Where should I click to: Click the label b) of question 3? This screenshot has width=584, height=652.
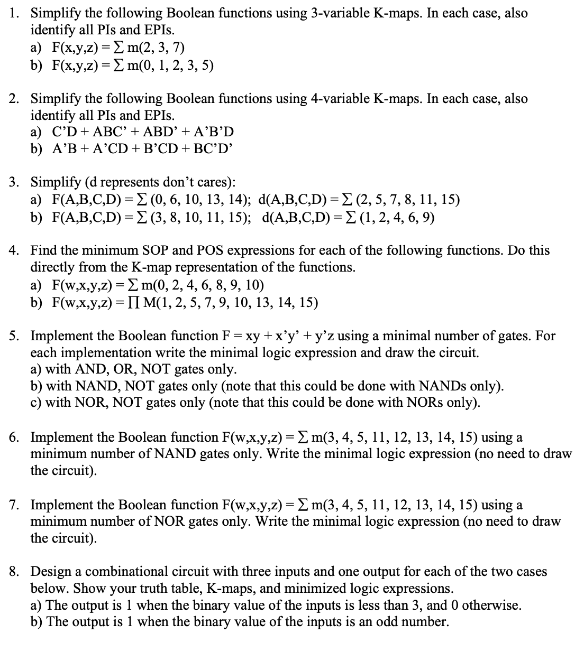36,217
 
